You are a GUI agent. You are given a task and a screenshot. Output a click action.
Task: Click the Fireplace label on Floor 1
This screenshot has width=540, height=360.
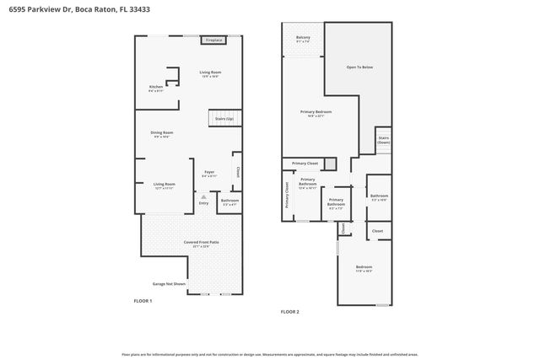[213, 40]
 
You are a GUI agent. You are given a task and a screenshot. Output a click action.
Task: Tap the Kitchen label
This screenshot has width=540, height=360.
[156, 88]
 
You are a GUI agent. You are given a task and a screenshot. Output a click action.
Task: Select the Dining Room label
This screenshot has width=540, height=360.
[162, 133]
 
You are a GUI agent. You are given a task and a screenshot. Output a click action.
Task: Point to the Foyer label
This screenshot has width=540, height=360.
[209, 173]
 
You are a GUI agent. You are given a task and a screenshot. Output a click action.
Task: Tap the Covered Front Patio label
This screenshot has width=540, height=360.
[201, 244]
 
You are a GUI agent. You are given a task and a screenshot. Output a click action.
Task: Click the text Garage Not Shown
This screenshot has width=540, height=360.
[170, 283]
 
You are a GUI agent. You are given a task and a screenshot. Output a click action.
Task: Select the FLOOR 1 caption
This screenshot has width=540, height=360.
[143, 300]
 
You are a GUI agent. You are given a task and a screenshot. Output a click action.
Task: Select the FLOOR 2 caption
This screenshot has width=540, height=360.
[290, 312]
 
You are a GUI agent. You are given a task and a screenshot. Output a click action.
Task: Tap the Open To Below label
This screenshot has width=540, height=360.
[359, 67]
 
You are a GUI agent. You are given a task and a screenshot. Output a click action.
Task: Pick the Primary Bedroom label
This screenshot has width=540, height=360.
[316, 113]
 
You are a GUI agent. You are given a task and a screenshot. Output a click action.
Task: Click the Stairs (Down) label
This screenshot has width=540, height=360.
[383, 139]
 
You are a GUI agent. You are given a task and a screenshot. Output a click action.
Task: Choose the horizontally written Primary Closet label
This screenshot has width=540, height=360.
[305, 163]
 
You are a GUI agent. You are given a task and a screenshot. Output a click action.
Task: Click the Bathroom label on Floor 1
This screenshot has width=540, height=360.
[229, 201]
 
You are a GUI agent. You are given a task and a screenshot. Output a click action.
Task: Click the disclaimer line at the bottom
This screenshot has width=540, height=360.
[270, 355]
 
